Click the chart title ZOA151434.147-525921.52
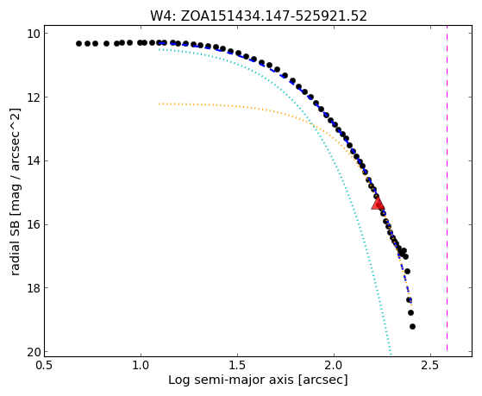[273, 16]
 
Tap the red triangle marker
[378, 204]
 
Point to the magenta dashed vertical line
[447, 188]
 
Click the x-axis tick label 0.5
[44, 365]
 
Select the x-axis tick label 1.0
[141, 365]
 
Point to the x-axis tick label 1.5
[238, 365]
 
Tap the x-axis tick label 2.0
[335, 365]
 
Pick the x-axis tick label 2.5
[430, 365]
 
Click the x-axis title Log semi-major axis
[231, 380]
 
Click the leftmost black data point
[78, 44]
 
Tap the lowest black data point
[412, 326]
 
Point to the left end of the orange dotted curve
[159, 104]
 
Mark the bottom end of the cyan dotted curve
[391, 354]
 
